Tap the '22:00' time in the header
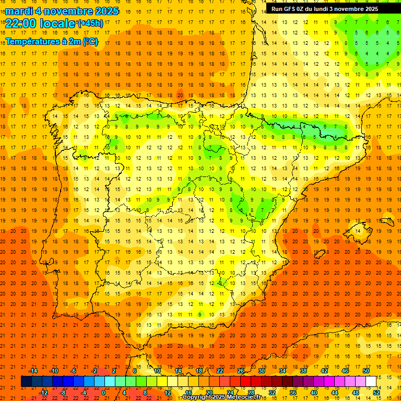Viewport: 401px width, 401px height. point(20,22)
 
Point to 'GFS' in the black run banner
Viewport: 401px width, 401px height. point(291,9)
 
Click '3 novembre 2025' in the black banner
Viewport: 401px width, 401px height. point(351,9)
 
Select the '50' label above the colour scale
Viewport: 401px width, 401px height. point(365,371)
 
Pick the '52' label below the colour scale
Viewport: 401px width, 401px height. point(376,393)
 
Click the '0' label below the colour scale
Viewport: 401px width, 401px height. point(103,393)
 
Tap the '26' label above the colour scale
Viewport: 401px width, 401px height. point(240,371)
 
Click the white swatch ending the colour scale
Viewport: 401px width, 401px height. point(371,382)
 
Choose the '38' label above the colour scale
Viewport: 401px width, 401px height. point(303,371)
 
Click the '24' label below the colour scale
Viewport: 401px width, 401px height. point(230,393)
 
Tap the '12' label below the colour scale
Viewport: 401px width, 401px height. point(168,393)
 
